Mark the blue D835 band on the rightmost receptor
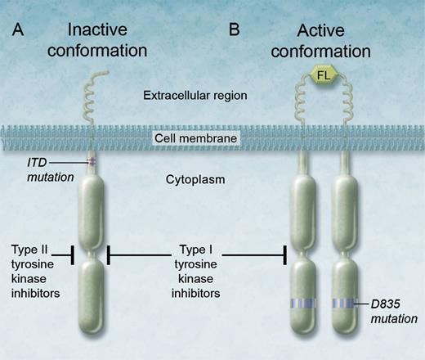(346, 304)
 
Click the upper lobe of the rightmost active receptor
(346, 209)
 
